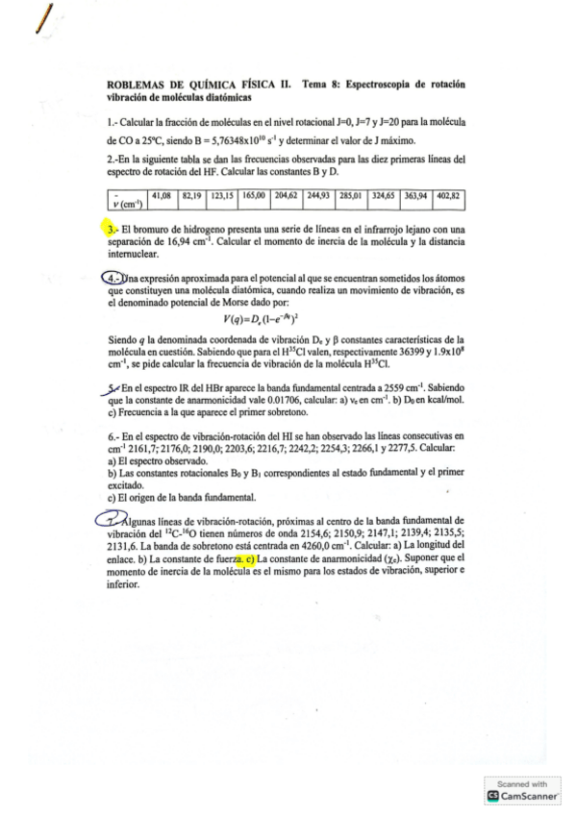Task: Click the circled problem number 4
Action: [113, 279]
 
